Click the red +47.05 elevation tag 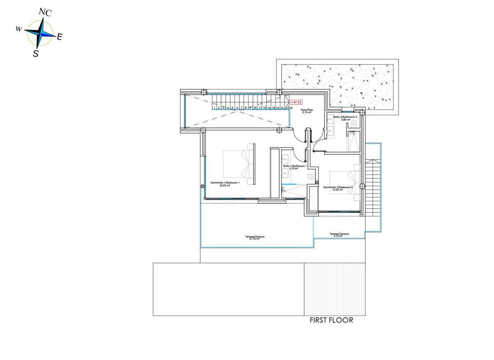[296, 102]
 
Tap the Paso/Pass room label [306, 111]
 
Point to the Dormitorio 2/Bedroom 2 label [338, 188]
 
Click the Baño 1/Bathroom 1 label [295, 167]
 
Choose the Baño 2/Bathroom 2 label [345, 118]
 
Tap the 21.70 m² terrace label [254, 238]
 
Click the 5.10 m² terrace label [339, 235]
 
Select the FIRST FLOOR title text [331, 320]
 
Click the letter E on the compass [59, 37]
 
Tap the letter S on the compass [36, 53]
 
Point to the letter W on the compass [19, 29]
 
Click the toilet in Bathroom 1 [310, 177]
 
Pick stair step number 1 [214, 108]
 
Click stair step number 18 [291, 108]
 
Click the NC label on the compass [45, 12]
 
